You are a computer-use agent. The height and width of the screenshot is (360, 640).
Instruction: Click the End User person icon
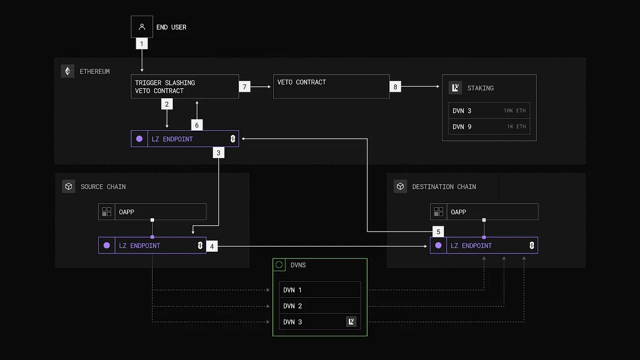[x=142, y=27]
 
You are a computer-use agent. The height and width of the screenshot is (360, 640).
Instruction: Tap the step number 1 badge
[x=142, y=44]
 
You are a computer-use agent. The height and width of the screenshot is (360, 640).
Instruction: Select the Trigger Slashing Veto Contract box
[x=185, y=86]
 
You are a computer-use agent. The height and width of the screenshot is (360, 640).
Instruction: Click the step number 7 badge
[x=245, y=86]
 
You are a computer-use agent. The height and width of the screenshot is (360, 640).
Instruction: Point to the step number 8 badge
[x=395, y=86]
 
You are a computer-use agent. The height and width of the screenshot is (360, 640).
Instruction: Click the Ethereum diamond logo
[x=68, y=71]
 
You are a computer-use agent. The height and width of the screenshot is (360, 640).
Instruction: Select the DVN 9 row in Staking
[x=489, y=127]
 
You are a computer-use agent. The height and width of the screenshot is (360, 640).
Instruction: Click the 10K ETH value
[x=514, y=111]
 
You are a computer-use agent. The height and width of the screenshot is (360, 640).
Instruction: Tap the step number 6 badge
[x=197, y=125]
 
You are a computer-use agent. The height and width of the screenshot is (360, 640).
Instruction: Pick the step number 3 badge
[x=219, y=153]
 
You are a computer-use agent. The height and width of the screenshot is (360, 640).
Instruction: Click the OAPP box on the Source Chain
[x=152, y=212]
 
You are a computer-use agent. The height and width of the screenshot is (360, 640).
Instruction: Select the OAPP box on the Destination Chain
[x=484, y=212]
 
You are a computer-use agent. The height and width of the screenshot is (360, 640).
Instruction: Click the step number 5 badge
[x=438, y=231]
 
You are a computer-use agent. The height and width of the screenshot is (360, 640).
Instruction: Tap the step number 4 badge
[x=212, y=246]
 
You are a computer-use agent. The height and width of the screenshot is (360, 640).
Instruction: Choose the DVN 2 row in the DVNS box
[x=320, y=306]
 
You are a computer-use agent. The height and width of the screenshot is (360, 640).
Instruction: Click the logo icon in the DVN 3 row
[x=351, y=322]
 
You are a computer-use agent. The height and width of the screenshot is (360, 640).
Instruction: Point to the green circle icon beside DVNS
[x=279, y=265]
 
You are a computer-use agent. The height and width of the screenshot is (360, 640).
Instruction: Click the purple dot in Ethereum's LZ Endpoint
[x=139, y=139]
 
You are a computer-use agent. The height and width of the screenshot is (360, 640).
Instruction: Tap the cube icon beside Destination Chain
[x=400, y=186]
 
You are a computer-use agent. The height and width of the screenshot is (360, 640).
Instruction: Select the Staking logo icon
[x=455, y=88]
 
